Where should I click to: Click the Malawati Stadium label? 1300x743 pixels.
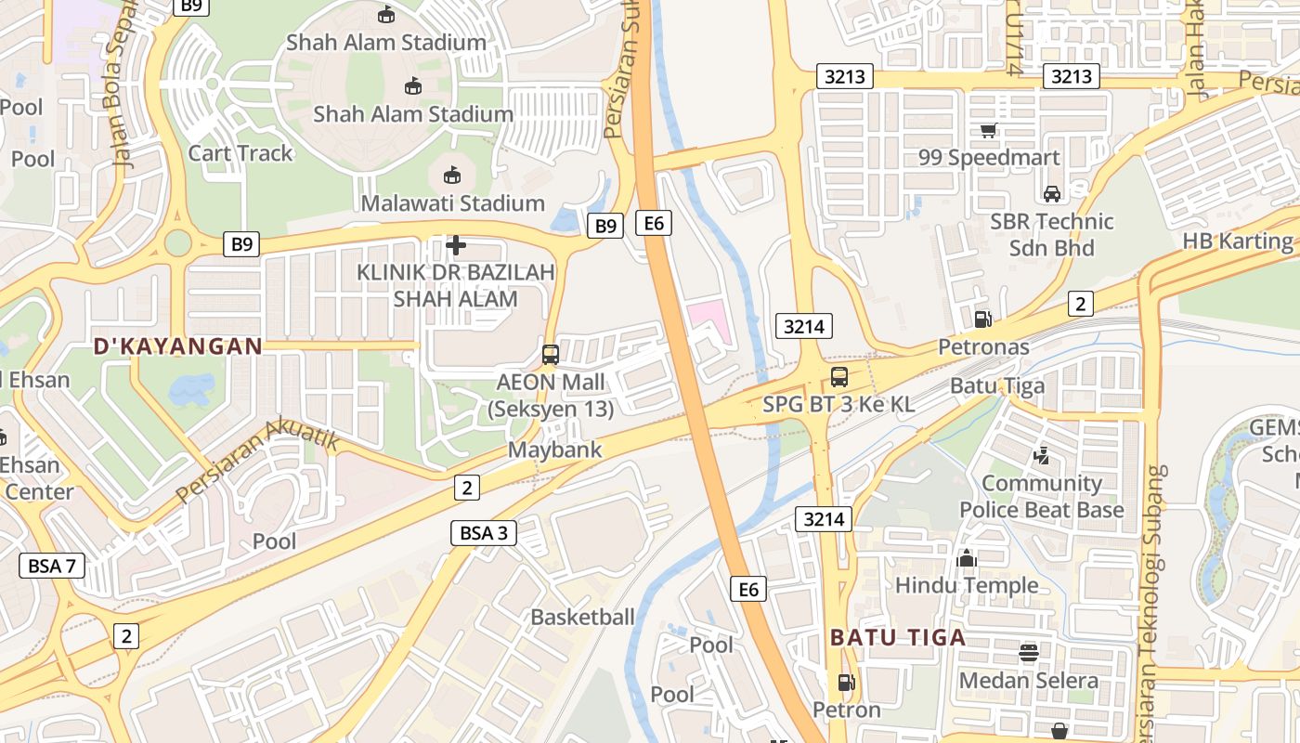(x=452, y=202)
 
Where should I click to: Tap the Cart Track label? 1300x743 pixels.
(x=240, y=153)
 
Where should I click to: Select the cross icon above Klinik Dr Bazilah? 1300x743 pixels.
(x=455, y=245)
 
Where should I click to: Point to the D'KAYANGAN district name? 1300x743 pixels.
(x=177, y=346)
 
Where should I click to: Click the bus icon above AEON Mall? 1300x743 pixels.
(x=551, y=354)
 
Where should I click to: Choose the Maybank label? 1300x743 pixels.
(x=555, y=450)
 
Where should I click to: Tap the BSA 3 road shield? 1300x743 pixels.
(x=484, y=532)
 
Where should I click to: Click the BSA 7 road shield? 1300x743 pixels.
(x=52, y=565)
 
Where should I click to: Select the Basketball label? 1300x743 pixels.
(x=582, y=617)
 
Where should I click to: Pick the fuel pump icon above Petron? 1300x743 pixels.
(x=846, y=683)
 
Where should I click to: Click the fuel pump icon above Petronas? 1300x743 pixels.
(x=982, y=319)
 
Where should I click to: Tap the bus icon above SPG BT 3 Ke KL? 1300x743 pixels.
(x=838, y=376)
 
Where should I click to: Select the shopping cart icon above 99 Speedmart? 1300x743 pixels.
(x=989, y=130)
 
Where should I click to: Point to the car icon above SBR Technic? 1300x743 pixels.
(x=1051, y=193)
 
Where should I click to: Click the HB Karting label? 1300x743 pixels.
(x=1237, y=241)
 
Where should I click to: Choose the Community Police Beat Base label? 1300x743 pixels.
(x=1041, y=497)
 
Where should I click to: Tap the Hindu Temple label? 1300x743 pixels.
(x=967, y=585)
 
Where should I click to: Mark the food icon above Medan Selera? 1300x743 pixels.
(x=1028, y=653)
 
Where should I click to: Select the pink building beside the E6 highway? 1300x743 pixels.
(x=708, y=316)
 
